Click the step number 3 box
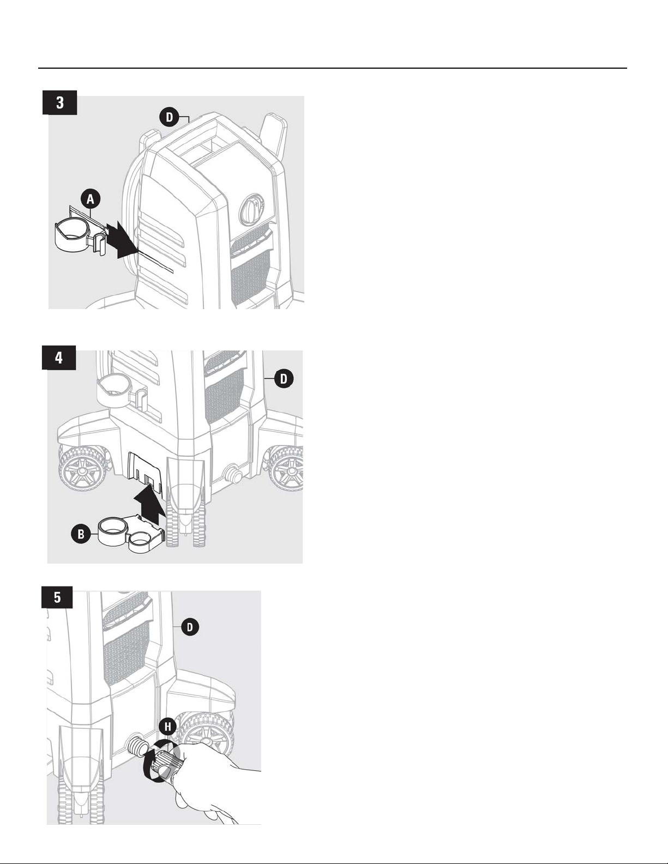click(x=59, y=102)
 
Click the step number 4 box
click(x=59, y=358)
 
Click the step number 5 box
click(x=57, y=597)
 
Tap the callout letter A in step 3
click(x=91, y=199)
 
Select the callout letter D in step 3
click(x=170, y=117)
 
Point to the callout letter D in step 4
click(x=284, y=378)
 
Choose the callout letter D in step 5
click(x=190, y=627)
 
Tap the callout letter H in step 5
click(x=168, y=727)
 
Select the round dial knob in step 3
click(x=251, y=209)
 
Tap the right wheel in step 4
click(x=287, y=469)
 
